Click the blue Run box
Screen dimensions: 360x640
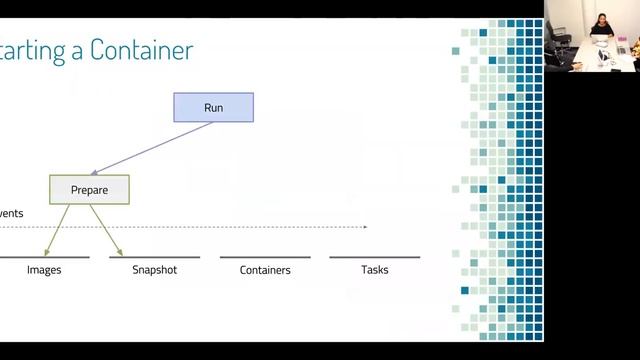213,107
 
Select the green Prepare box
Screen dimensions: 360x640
89,189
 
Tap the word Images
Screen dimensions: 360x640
44,270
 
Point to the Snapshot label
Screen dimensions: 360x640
154,270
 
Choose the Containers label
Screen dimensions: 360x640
265,270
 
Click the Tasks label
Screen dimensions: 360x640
374,270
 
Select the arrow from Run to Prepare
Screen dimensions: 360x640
150,147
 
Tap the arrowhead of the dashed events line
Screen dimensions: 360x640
365,227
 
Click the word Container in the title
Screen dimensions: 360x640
141,50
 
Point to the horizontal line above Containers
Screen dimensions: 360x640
265,257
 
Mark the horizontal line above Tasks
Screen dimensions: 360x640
375,257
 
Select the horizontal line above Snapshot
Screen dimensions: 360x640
155,257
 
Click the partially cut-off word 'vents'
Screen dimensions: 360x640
11,213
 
